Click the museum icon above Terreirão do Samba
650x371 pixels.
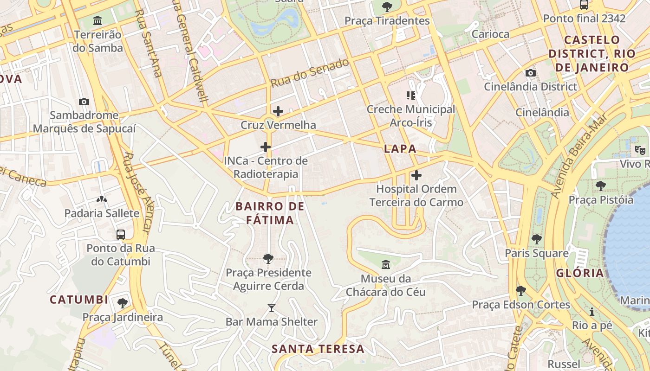(97, 21)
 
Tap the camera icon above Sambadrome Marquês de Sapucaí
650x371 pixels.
(84, 102)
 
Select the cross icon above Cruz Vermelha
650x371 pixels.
(278, 111)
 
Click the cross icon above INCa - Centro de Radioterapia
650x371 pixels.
(266, 147)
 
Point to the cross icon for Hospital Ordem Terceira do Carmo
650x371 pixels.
(416, 175)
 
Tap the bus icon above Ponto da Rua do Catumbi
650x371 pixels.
(121, 234)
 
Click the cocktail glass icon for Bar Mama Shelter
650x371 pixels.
(272, 307)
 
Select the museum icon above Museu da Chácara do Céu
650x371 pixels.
(385, 265)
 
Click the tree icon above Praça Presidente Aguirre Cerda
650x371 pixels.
(268, 258)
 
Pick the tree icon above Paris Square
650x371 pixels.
(537, 239)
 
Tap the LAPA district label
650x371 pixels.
(400, 149)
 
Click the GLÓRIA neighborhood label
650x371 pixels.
(580, 273)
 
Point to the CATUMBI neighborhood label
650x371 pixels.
(79, 300)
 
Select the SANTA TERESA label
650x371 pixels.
(318, 349)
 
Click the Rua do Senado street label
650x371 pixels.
(310, 73)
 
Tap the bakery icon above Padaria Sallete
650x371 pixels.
(101, 199)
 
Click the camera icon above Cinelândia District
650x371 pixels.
(530, 73)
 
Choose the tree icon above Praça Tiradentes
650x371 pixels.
(387, 7)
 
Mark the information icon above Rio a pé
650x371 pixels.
(592, 312)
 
